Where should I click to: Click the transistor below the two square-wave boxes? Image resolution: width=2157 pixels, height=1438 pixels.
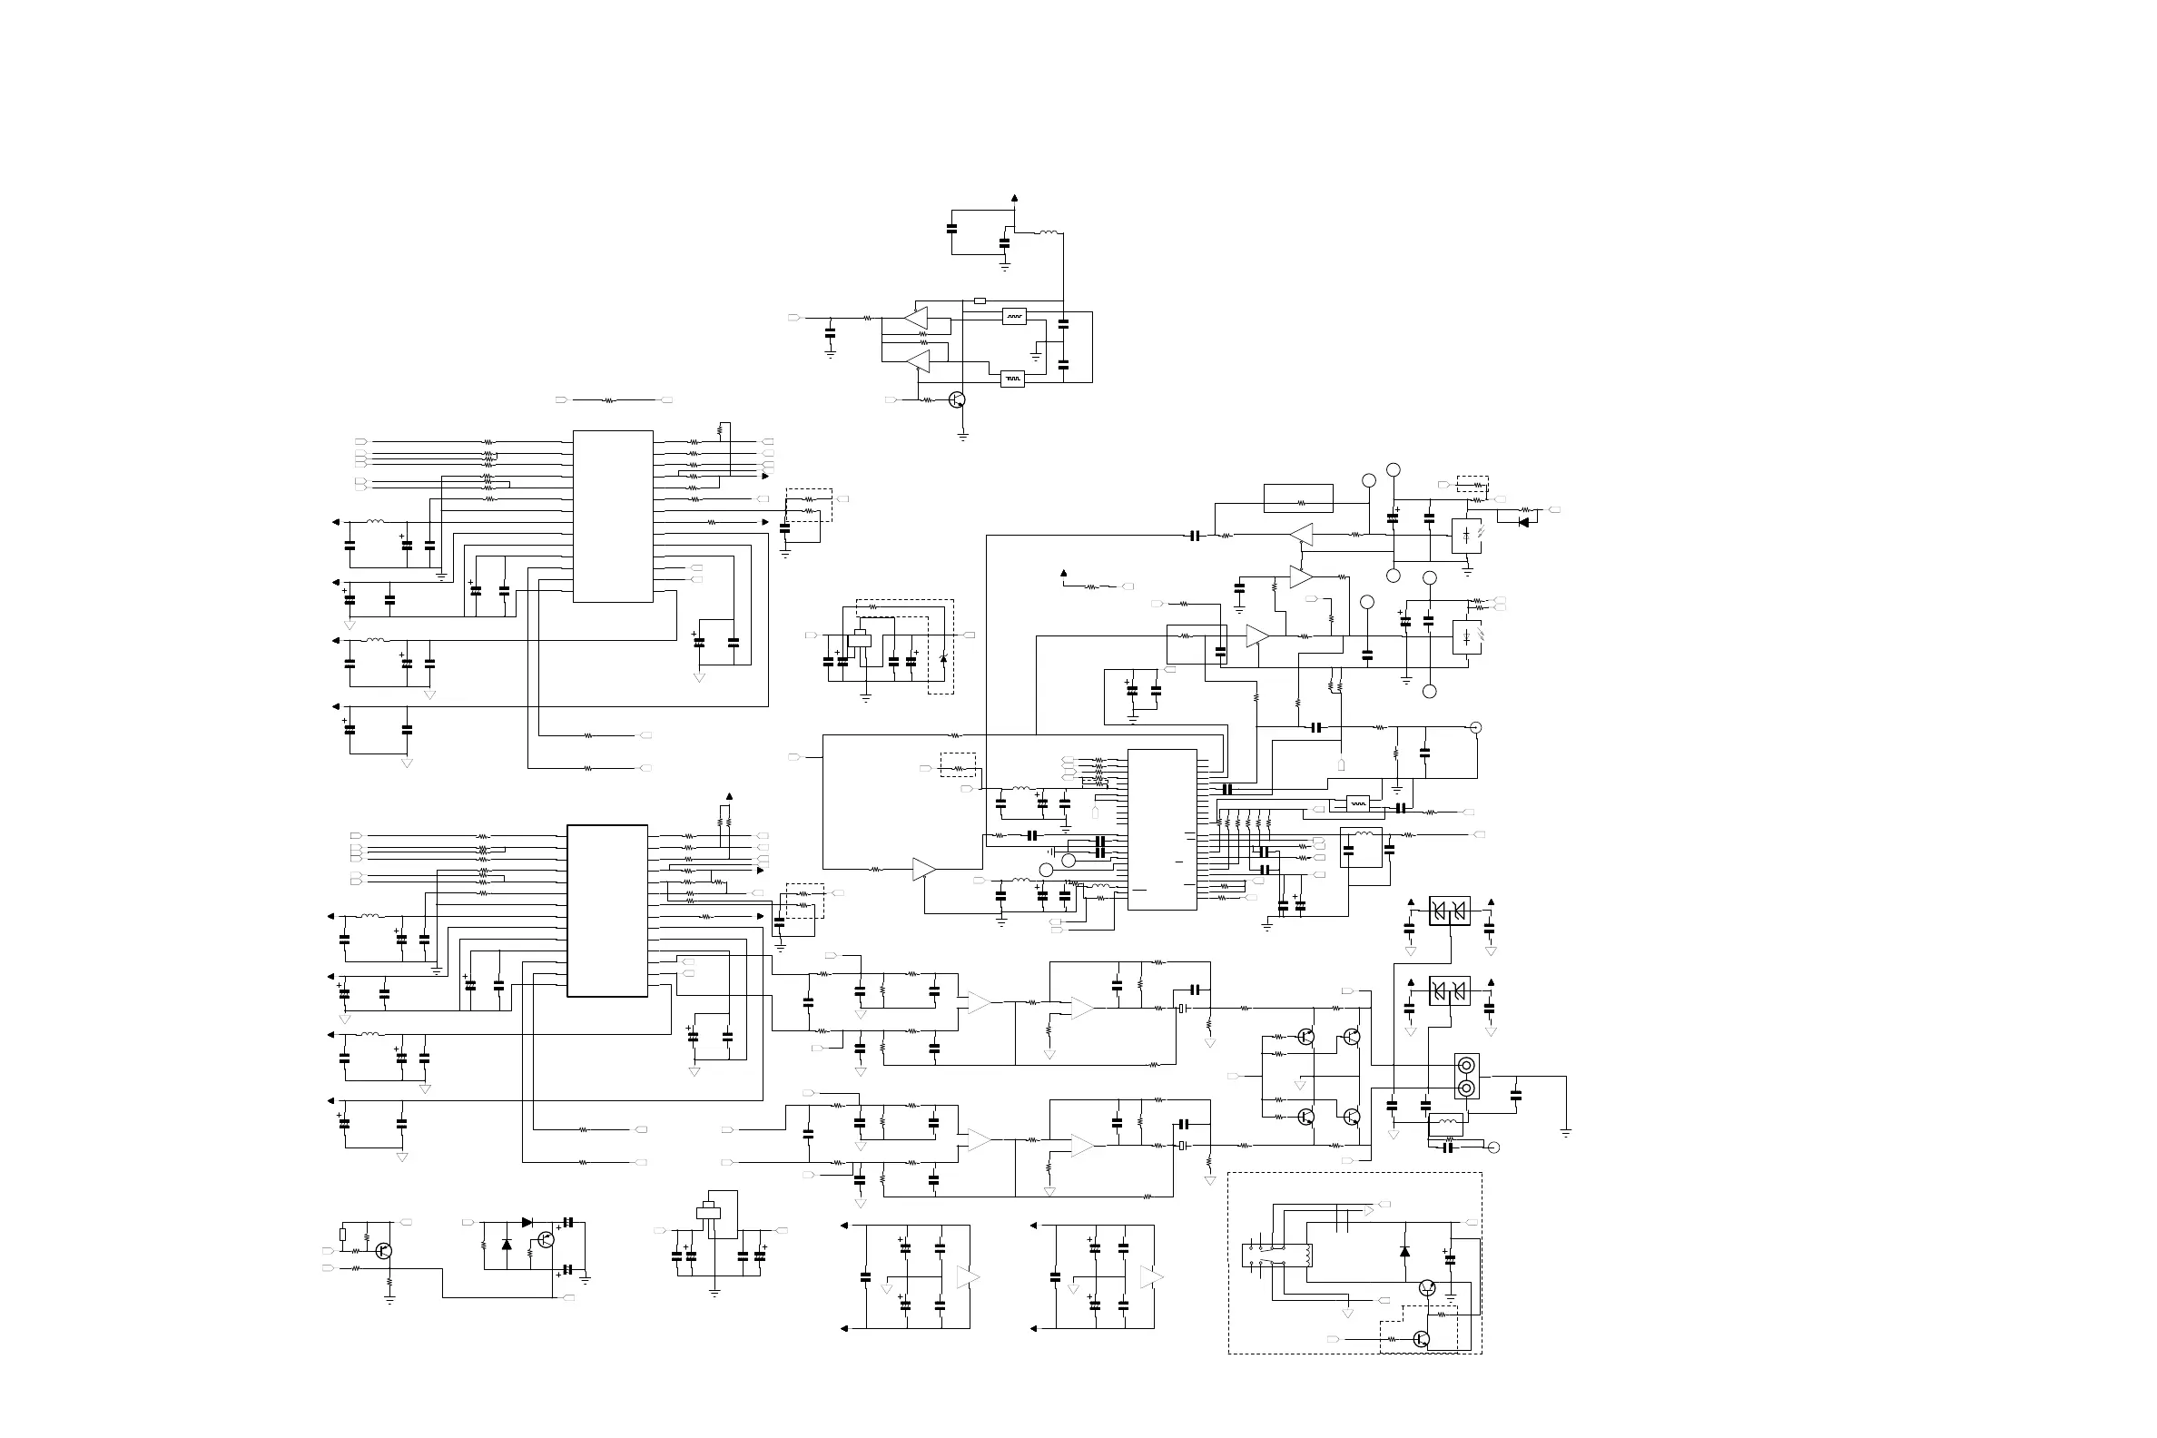tap(957, 399)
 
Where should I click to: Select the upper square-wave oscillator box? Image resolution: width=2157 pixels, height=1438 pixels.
tap(1013, 317)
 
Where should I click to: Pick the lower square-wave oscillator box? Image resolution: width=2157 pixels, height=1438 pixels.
tap(1011, 378)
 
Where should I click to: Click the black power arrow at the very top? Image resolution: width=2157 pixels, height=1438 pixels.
tap(1014, 197)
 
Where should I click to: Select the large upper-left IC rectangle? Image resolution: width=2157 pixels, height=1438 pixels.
tap(613, 517)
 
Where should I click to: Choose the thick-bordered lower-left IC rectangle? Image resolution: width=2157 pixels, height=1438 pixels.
tap(607, 911)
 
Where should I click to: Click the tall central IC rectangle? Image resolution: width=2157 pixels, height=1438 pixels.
tap(1162, 829)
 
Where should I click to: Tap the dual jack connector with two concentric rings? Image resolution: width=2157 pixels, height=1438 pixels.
tap(1466, 1077)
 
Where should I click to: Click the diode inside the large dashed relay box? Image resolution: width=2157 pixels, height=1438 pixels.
tap(1404, 1252)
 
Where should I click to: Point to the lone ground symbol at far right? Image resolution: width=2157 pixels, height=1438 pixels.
tap(1565, 1134)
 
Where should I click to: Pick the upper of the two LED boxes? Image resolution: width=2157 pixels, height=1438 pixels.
tap(1466, 536)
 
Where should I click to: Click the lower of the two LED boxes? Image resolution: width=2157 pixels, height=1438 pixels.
tap(1466, 636)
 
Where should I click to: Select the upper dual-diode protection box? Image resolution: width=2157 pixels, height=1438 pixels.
tap(1449, 911)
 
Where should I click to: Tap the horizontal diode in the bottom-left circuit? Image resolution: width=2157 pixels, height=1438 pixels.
tap(527, 1223)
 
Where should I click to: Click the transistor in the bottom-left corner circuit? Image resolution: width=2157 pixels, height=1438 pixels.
tap(383, 1252)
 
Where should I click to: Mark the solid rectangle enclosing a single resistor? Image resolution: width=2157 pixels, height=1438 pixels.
tap(1297, 499)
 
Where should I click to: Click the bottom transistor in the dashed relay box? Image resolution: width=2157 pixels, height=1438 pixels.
tap(1421, 1339)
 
